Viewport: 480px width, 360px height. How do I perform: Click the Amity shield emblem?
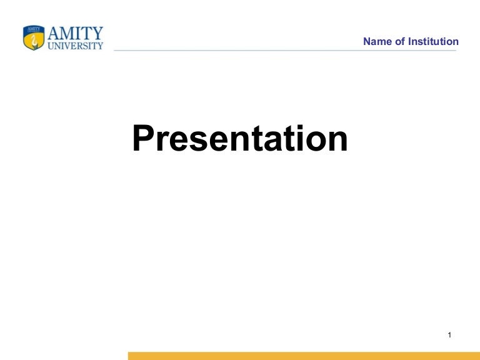(34, 38)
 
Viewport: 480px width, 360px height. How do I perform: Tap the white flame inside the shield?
(34, 41)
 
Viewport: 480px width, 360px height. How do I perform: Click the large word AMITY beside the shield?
(75, 33)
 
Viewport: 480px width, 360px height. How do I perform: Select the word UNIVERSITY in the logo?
(75, 46)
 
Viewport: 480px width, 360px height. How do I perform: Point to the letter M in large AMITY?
(67, 33)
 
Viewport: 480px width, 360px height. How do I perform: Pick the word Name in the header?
(376, 42)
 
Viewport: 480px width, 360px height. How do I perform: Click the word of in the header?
(399, 42)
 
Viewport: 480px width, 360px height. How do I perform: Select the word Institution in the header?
(433, 42)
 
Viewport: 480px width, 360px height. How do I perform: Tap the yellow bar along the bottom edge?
(304, 356)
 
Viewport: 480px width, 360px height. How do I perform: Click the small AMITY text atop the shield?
(34, 29)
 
